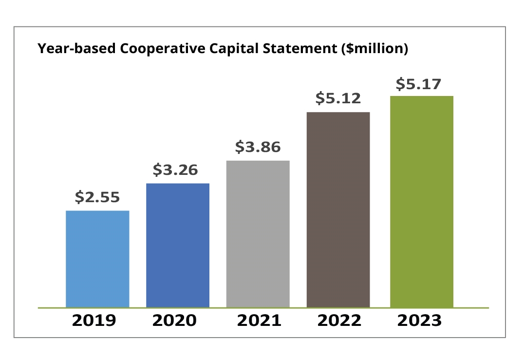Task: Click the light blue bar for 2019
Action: (x=97, y=259)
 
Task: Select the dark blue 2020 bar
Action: (x=178, y=246)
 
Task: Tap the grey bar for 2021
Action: (x=258, y=234)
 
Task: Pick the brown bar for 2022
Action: (x=338, y=210)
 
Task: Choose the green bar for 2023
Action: (x=422, y=202)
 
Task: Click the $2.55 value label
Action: (x=97, y=197)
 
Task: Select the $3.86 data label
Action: (x=258, y=147)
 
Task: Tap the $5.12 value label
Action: (x=338, y=98)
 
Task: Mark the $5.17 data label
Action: (x=418, y=84)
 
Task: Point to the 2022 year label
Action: (x=339, y=321)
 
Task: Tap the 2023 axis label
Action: (x=419, y=321)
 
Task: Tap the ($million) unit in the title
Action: (x=374, y=49)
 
